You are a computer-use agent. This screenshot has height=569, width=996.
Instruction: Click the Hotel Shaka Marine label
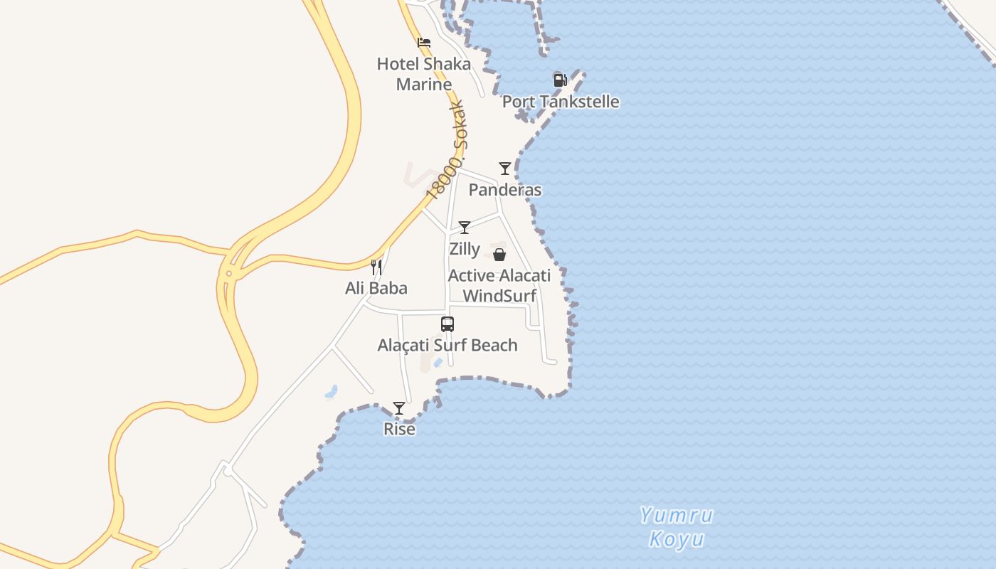pyautogui.click(x=423, y=74)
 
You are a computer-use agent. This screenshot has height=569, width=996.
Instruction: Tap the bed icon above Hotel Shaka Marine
pyautogui.click(x=424, y=43)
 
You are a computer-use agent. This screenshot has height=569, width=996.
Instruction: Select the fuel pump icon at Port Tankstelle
pyautogui.click(x=560, y=80)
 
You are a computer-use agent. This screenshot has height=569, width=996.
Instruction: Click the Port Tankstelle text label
pyautogui.click(x=561, y=102)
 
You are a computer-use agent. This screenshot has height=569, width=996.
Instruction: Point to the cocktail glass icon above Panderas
pyautogui.click(x=505, y=169)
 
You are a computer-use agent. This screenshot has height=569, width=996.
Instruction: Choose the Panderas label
pyautogui.click(x=505, y=190)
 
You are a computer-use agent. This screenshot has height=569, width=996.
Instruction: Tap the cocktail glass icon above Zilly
pyautogui.click(x=465, y=228)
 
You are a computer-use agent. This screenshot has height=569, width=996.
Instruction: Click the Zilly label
pyautogui.click(x=465, y=250)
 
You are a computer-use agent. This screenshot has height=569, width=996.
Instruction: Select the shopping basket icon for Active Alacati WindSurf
pyautogui.click(x=499, y=255)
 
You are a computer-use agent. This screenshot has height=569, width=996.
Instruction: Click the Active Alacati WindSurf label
pyautogui.click(x=499, y=285)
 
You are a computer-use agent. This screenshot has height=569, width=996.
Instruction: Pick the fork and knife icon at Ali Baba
pyautogui.click(x=376, y=267)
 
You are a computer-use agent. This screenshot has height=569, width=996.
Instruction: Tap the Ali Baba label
pyautogui.click(x=376, y=288)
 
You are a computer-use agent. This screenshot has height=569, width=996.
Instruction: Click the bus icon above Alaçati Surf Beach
pyautogui.click(x=447, y=324)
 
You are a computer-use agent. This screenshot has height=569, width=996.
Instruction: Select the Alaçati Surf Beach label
pyautogui.click(x=447, y=346)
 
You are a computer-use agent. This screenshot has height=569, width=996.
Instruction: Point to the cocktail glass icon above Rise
pyautogui.click(x=399, y=408)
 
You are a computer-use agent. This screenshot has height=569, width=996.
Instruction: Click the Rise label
pyautogui.click(x=399, y=429)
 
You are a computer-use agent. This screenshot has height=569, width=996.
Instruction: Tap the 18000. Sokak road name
pyautogui.click(x=446, y=151)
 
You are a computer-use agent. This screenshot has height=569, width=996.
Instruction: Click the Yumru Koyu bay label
pyautogui.click(x=676, y=527)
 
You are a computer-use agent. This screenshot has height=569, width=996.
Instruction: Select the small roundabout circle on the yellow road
pyautogui.click(x=228, y=274)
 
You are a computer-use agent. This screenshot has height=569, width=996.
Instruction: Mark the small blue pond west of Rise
pyautogui.click(x=331, y=391)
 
